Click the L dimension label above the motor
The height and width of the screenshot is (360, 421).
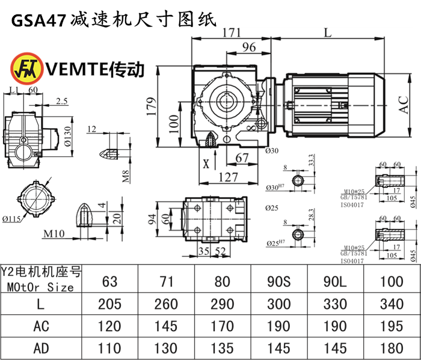pyautogui.click(x=327, y=33)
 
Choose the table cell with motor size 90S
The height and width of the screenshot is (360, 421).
pyautogui.click(x=279, y=279)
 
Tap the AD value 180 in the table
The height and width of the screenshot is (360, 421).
pyautogui.click(x=392, y=348)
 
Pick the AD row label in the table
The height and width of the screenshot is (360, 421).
pyautogui.click(x=40, y=348)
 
